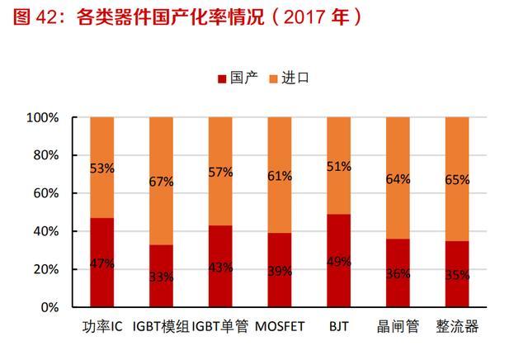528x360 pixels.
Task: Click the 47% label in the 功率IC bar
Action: [102, 263]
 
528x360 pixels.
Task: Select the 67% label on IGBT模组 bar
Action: [162, 182]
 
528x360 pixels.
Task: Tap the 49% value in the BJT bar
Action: [339, 263]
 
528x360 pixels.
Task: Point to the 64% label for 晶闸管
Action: [398, 179]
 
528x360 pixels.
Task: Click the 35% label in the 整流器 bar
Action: [457, 275]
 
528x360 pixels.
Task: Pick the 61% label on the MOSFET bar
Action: [280, 175]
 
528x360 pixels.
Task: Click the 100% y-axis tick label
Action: [42, 118]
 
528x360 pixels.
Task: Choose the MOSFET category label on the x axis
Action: [279, 327]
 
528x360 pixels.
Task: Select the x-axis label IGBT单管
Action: [220, 327]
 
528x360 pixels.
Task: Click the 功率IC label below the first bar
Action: [103, 327]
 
